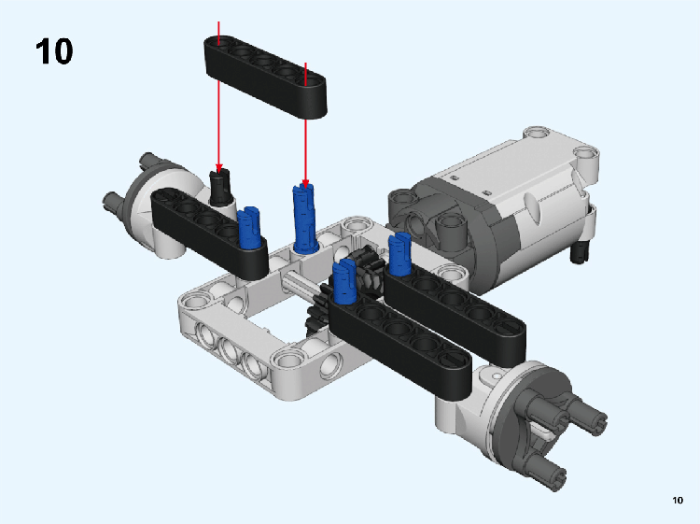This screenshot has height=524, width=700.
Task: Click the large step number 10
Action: click(x=54, y=51)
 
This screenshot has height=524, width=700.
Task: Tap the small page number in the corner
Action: click(x=678, y=500)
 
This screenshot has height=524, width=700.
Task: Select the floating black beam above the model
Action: click(x=266, y=77)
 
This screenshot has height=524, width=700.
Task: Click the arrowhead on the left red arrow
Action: click(x=218, y=168)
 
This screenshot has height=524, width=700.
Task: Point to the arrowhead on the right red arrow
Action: click(x=305, y=184)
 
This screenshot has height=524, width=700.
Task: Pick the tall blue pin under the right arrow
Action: click(x=304, y=219)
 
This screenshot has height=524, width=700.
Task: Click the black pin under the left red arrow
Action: click(x=220, y=187)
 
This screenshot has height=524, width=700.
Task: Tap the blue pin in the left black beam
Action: click(x=248, y=227)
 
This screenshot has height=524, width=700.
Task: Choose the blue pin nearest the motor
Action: click(x=399, y=254)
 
